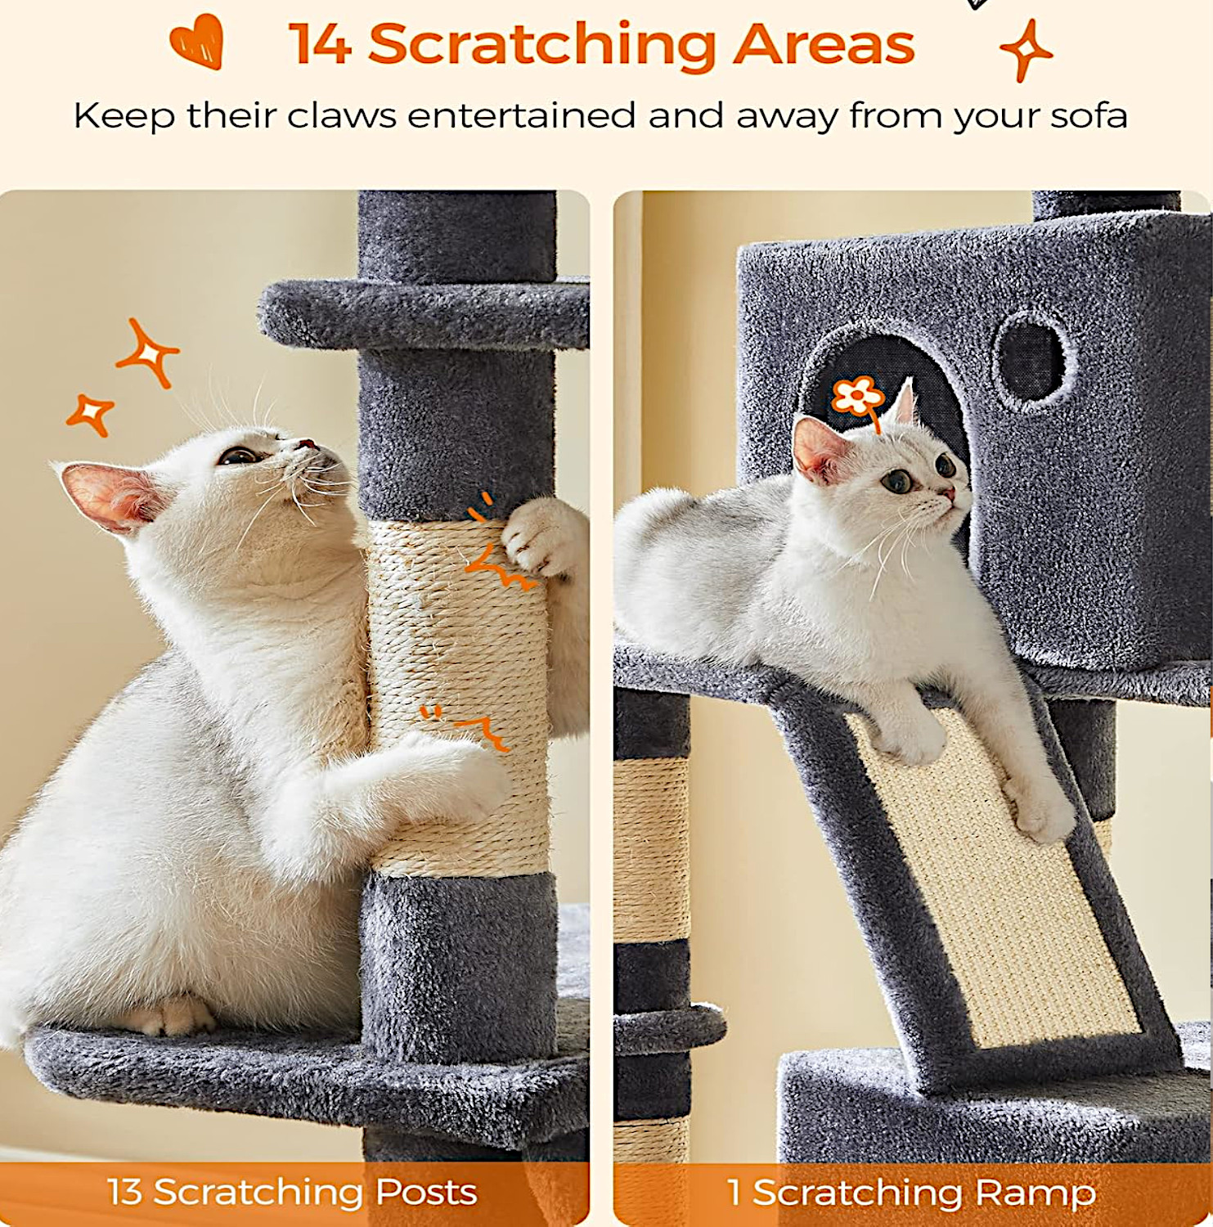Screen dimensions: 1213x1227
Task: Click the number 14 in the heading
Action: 321,44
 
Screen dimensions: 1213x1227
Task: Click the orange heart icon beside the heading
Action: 198,41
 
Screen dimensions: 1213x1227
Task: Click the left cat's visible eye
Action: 238,456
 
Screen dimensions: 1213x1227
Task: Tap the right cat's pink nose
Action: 948,493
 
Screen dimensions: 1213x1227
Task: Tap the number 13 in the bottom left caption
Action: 124,1192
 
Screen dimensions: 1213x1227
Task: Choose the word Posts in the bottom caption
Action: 426,1193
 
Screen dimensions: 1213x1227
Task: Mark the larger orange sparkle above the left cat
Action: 147,353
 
